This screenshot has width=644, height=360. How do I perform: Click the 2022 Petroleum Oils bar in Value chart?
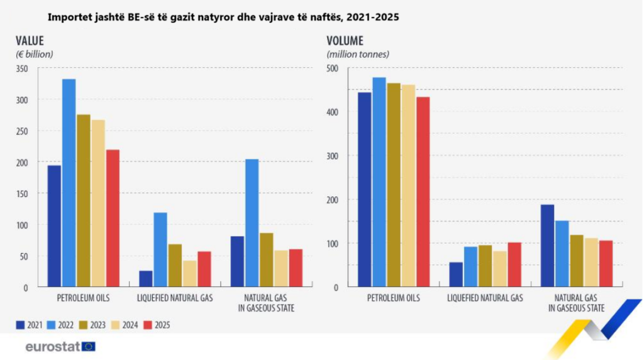click(69, 183)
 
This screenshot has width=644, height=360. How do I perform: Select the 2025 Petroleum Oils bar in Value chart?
click(113, 218)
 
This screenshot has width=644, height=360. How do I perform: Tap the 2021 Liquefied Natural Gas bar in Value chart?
click(146, 279)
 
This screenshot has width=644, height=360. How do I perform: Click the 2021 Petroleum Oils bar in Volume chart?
click(365, 189)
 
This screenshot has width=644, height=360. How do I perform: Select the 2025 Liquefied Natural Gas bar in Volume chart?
click(514, 264)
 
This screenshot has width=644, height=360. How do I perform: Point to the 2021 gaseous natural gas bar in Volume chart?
click(547, 245)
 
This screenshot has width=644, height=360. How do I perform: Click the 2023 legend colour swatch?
click(80, 325)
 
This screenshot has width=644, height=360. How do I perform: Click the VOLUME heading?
click(345, 41)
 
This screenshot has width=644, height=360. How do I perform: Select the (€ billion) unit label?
click(35, 54)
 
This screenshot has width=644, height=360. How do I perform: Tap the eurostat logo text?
click(52, 346)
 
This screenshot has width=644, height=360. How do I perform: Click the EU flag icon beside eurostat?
click(89, 346)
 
